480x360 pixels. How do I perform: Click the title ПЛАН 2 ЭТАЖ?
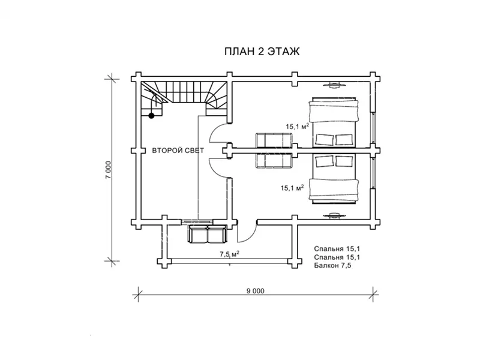coord(262,52)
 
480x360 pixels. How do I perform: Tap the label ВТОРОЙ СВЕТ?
coord(178,151)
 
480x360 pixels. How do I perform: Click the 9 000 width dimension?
coord(256,291)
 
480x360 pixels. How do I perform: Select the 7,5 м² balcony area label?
coord(229,254)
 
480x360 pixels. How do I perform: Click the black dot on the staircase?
coord(151,115)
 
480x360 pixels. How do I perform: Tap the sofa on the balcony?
coord(208,234)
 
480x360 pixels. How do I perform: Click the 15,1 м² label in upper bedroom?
coord(297,126)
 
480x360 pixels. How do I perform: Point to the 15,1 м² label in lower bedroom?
coord(292,187)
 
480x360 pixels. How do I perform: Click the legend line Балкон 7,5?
coord(332,265)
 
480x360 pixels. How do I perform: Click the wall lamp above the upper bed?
coord(334,85)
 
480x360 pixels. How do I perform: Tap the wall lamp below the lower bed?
coord(334,215)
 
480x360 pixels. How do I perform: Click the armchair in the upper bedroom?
coord(274,140)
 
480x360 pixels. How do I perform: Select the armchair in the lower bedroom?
coord(274,160)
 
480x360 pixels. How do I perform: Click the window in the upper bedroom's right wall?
coord(373,128)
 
